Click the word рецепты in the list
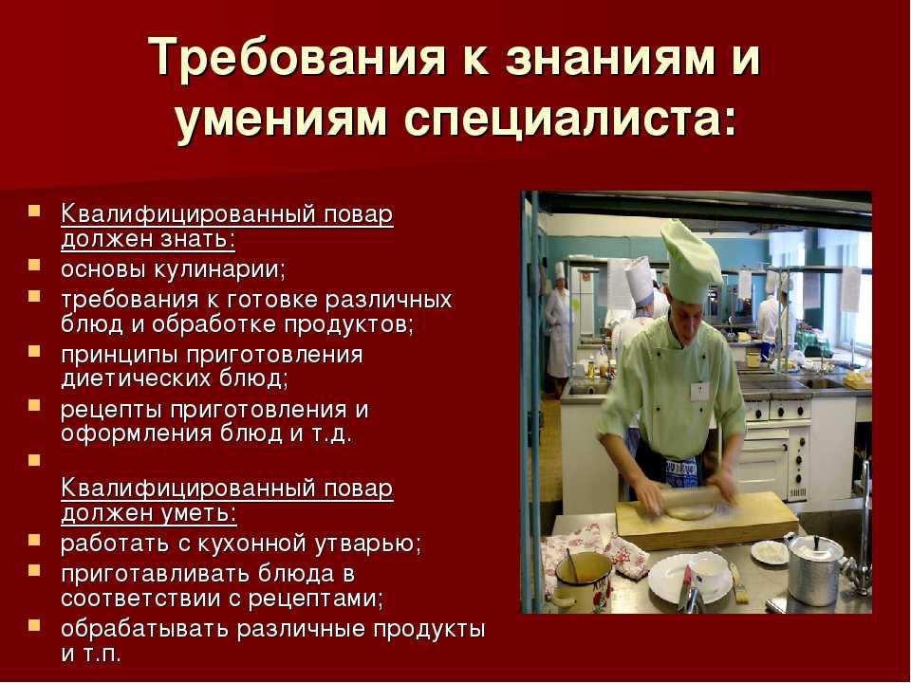coord(111,411)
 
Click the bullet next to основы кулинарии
coord(35,266)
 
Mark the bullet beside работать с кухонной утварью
coord(35,540)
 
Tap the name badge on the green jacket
coord(699,391)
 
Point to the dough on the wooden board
coord(690,511)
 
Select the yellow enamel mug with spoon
coord(581,581)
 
